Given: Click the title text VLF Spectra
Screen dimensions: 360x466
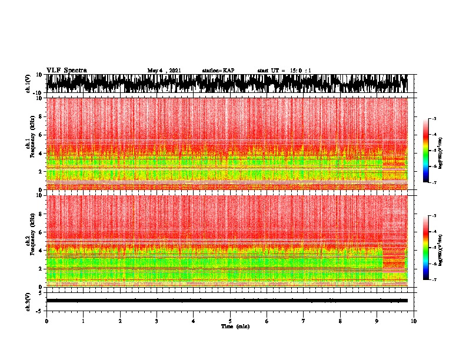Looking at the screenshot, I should (66, 71).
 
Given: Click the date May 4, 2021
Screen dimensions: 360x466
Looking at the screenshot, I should (164, 71).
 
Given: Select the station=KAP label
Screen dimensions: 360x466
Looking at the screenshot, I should (218, 71).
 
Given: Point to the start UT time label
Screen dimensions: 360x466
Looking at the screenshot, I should (284, 71).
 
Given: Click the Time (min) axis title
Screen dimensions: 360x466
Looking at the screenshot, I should (235, 326).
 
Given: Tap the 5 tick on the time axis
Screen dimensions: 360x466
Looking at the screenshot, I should (230, 321).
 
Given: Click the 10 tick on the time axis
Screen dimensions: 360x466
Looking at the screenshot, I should (414, 321).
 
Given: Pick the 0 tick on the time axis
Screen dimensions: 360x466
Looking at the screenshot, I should (46, 321).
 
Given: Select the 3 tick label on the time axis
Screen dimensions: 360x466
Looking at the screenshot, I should (157, 321).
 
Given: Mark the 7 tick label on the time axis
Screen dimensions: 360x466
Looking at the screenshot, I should (304, 321).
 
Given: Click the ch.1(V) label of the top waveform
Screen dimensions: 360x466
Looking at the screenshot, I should (29, 84).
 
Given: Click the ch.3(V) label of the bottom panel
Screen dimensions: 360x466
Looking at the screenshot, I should (29, 300).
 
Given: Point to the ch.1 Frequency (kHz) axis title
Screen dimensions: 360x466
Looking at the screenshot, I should (31, 144).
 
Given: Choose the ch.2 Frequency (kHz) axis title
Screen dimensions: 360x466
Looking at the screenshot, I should (31, 241).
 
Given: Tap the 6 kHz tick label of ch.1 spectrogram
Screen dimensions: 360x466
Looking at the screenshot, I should (41, 135).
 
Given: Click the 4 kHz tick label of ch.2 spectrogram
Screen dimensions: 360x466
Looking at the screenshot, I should (41, 250).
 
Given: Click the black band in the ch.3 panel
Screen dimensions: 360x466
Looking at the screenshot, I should (227, 300).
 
